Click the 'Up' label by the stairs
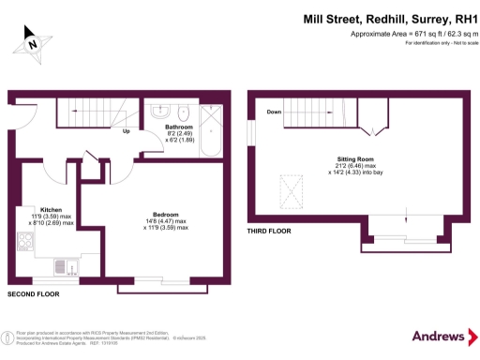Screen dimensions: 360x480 tap(126, 130)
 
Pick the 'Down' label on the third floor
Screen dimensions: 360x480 tap(274, 112)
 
